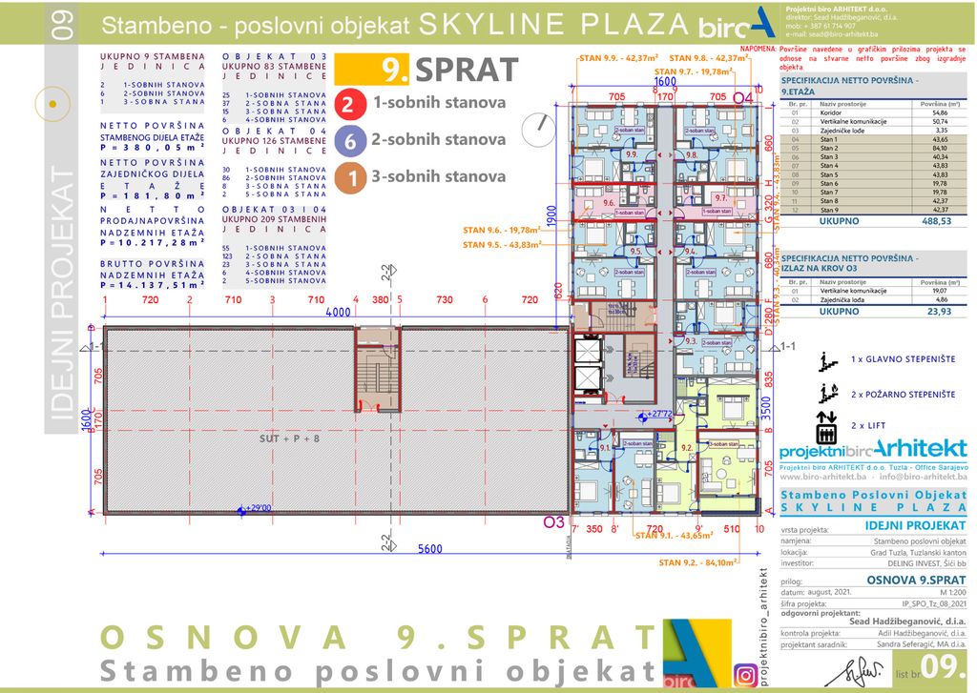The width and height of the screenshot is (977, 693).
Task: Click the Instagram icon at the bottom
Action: pos(745,676)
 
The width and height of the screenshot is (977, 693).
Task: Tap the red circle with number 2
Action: pos(349,103)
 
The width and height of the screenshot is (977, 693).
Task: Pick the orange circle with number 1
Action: pos(349,177)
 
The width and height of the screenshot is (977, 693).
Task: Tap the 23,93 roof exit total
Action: pos(940,310)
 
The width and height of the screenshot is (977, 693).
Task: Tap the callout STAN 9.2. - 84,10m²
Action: pos(698,562)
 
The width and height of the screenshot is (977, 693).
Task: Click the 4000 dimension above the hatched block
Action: pos(337,313)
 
